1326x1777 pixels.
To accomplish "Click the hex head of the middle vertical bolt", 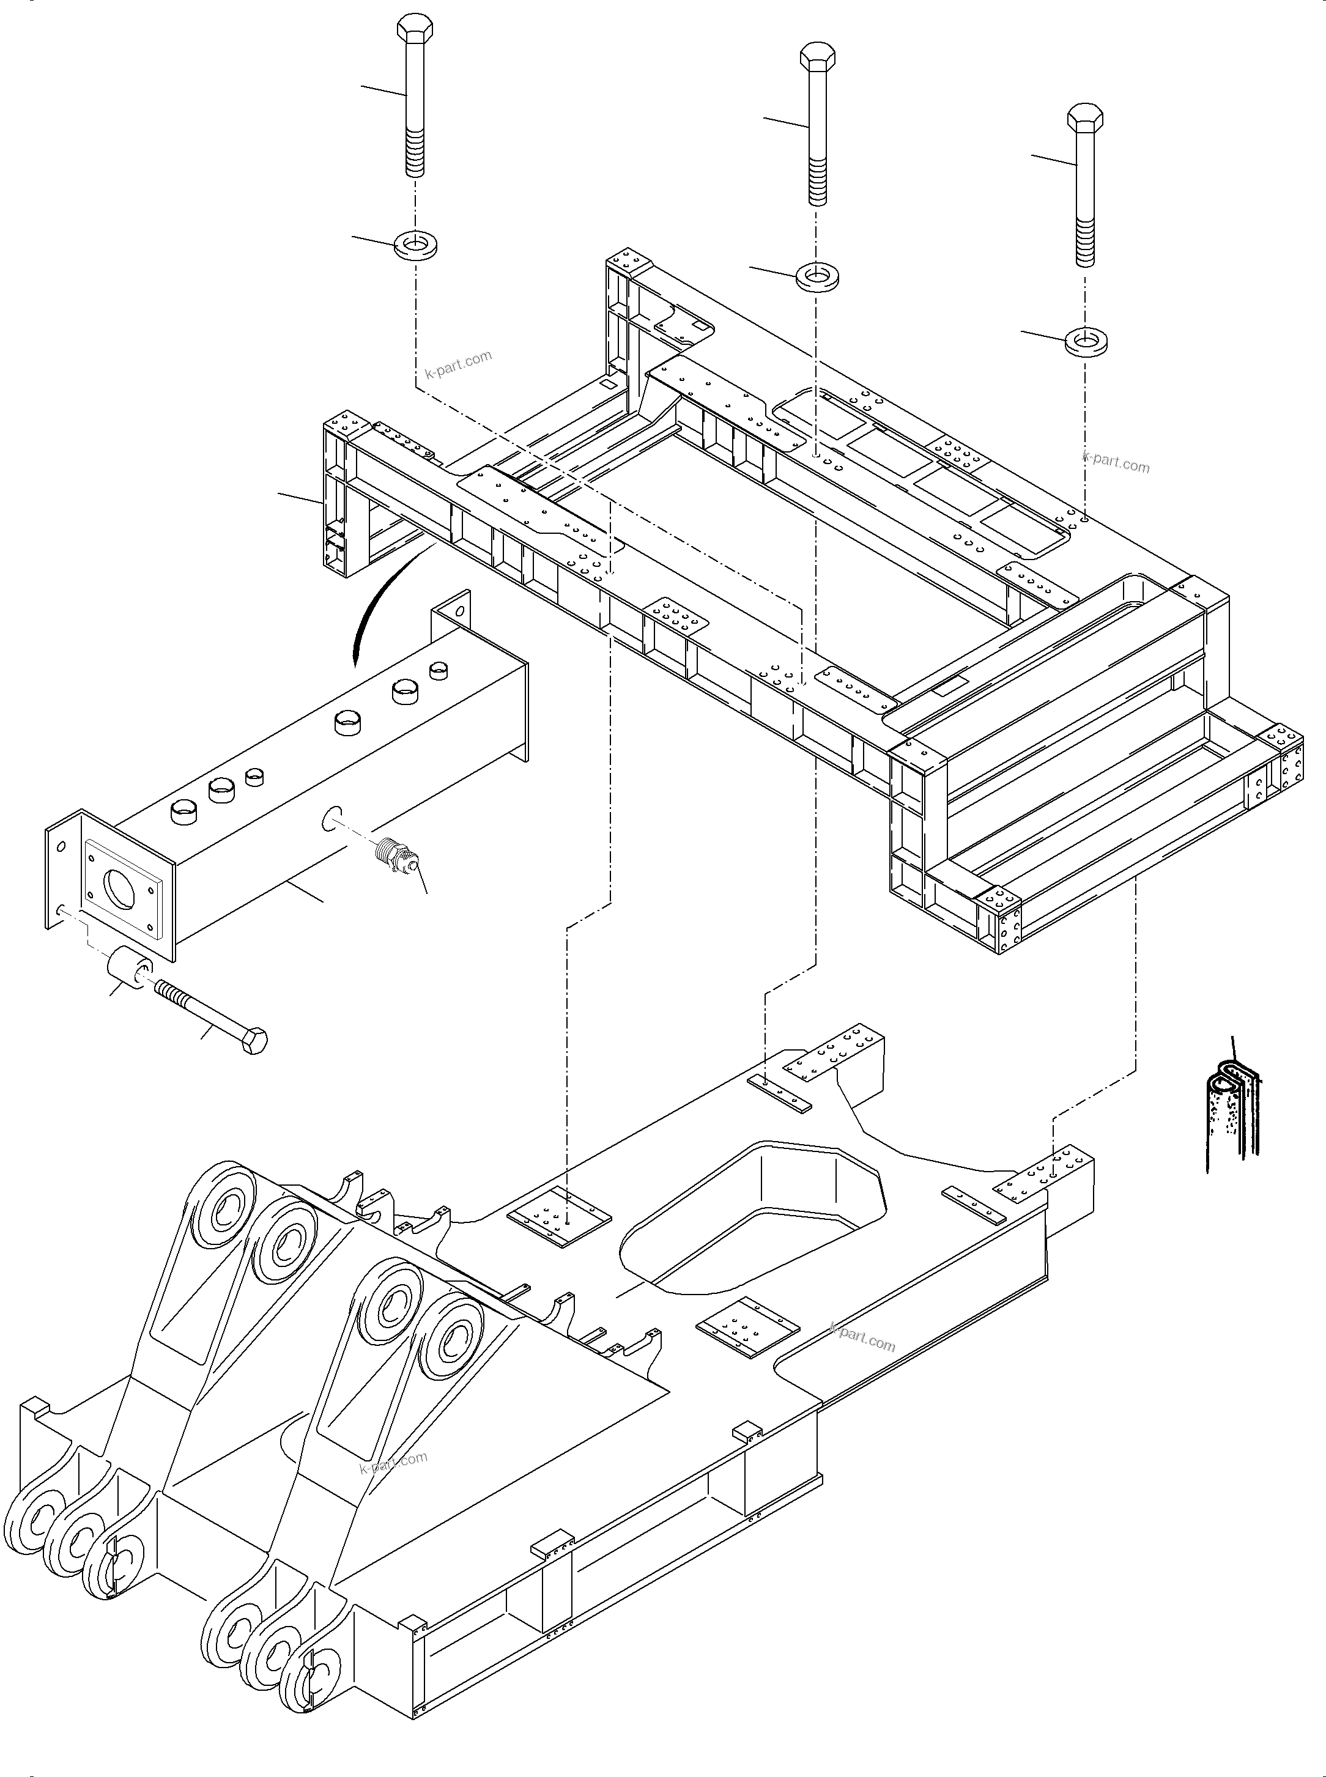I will (x=818, y=57).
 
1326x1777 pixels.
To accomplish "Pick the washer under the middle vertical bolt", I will (x=817, y=278).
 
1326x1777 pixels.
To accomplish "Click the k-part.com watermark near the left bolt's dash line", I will (x=458, y=364).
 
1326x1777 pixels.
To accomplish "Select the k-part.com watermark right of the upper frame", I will (x=1116, y=462).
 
